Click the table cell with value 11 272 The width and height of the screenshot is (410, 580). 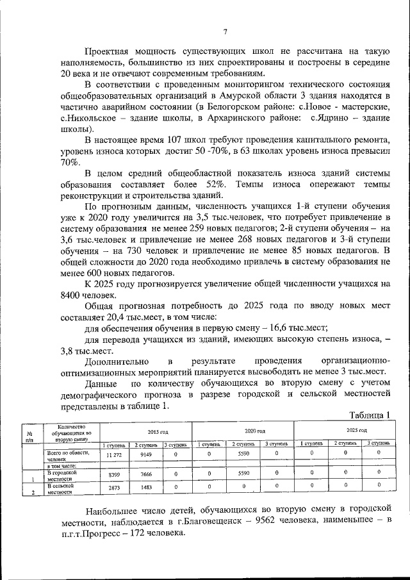pos(114,454)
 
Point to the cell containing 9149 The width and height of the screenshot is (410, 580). pos(147,454)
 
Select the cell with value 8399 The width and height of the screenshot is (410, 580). pos(114,475)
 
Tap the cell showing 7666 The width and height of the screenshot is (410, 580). pos(147,475)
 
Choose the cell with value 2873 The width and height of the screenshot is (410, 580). pos(114,488)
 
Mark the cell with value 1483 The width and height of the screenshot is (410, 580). pos(147,488)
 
